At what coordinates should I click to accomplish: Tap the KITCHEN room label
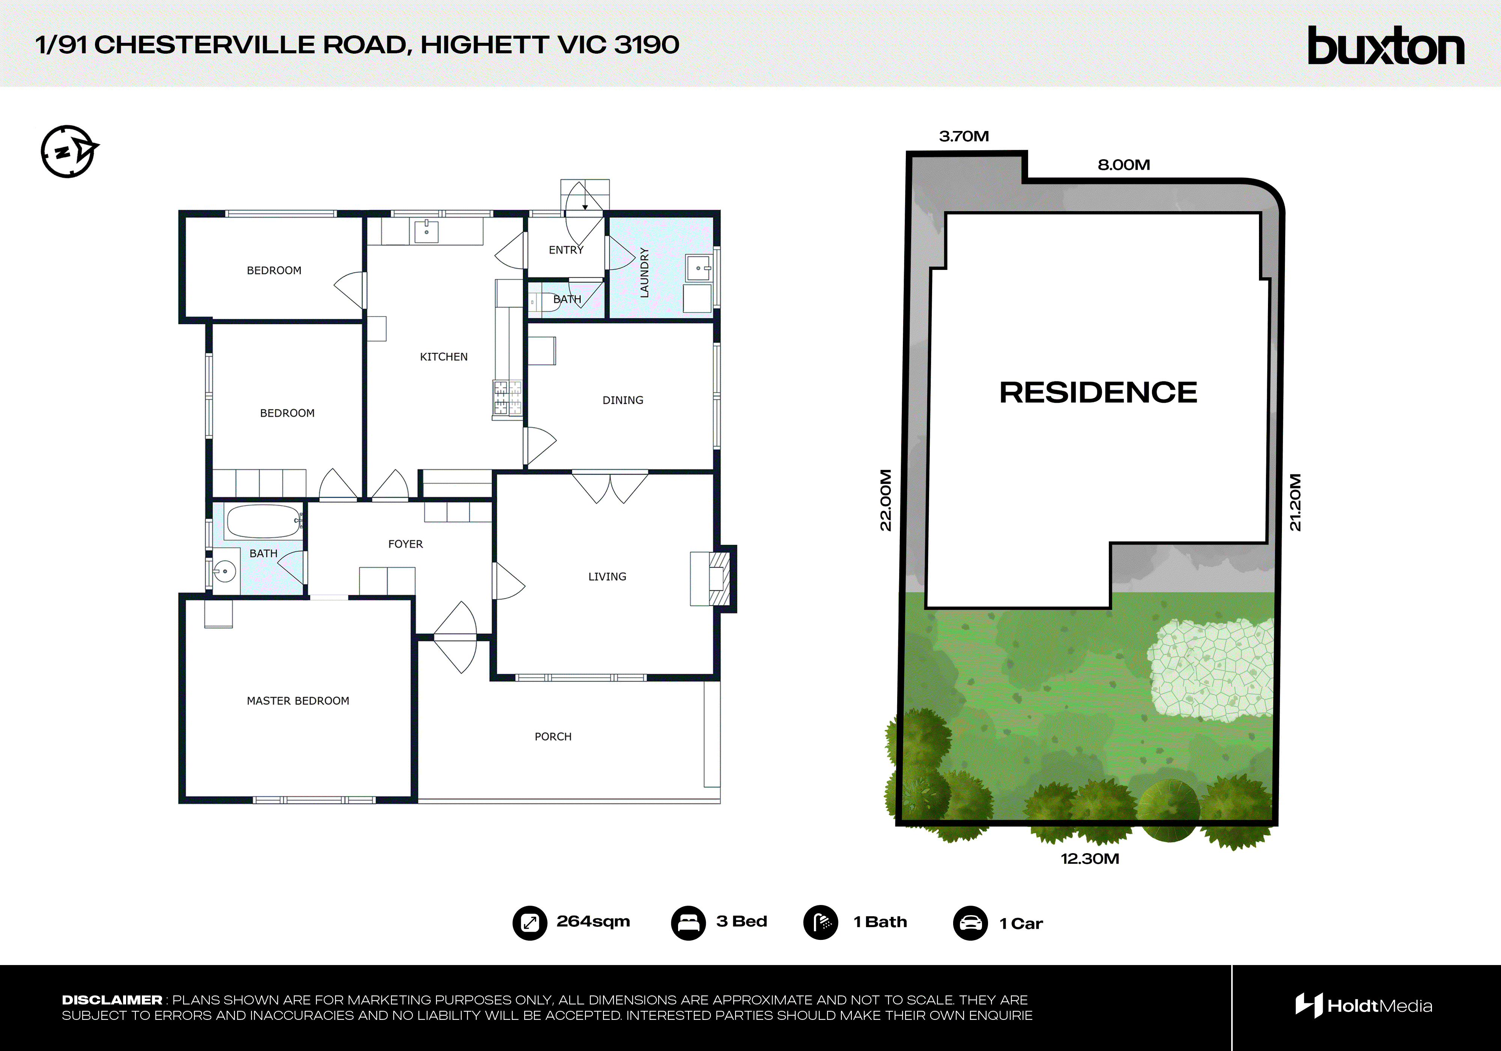pos(443,357)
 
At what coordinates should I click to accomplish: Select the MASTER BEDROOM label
pos(298,700)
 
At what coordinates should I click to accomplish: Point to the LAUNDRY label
pos(645,273)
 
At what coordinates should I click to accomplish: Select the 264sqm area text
pos(593,922)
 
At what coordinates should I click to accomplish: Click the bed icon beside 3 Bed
pos(688,923)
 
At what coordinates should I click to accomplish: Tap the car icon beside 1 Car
pos(970,923)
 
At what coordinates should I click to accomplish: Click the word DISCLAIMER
pos(112,1000)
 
